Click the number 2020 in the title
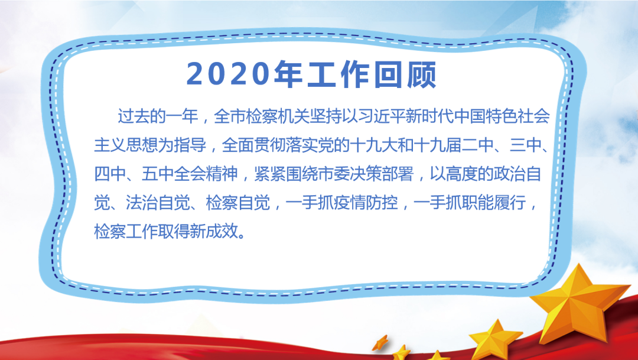(228, 74)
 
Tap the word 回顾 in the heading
(405, 74)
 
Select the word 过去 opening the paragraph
(134, 116)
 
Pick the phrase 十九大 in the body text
(374, 145)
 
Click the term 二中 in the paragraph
(478, 145)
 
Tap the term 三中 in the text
(526, 145)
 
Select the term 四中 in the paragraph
(110, 174)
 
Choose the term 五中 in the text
(158, 174)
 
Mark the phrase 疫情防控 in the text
(366, 202)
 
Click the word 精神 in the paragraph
(222, 174)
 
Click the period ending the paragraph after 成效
(243, 236)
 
